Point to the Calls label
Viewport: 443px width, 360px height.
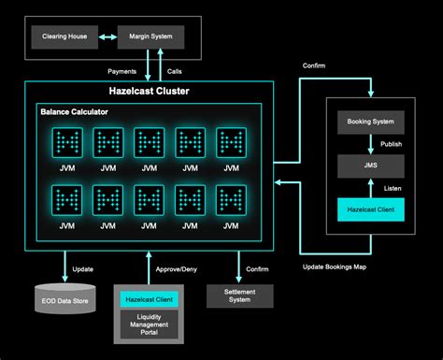click(x=175, y=70)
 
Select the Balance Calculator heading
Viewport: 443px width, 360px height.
click(x=74, y=112)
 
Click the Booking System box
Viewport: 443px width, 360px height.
click(x=371, y=122)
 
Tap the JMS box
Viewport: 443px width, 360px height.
click(x=371, y=166)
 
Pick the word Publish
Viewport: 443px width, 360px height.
click(x=393, y=144)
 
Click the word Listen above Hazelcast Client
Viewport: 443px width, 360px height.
click(x=391, y=188)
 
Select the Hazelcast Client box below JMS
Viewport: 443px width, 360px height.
click(x=371, y=210)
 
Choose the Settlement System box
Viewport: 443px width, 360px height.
click(x=240, y=295)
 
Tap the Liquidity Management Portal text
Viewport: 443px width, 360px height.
click(x=148, y=325)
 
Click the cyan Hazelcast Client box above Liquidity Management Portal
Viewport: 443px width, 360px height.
click(x=148, y=299)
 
